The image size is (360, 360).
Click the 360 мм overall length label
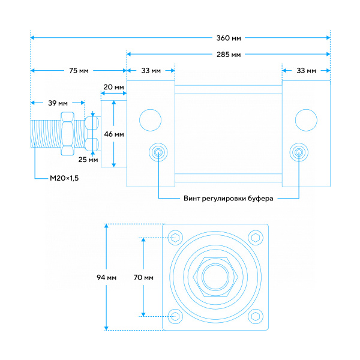pos(229,38)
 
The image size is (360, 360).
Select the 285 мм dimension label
pos(229,55)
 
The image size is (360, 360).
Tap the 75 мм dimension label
pos(79,70)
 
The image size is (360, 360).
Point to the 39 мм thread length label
pos(58,103)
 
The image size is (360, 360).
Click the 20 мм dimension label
pos(113,87)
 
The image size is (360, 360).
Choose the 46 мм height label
pos(114,134)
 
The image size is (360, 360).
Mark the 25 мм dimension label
pos(88,160)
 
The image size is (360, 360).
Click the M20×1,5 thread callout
pos(64,178)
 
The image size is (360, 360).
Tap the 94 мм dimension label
pos(107,278)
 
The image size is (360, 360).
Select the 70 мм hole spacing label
pos(143,278)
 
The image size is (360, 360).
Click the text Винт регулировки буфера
pos(229,199)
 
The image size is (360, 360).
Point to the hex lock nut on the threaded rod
pos(67,134)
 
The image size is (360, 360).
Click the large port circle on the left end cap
pos(151,121)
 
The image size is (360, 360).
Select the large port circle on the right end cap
pos(306,121)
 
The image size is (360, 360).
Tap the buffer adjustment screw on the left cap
pos(158,152)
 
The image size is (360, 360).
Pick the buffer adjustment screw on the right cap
pos(299,152)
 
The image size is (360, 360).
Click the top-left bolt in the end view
pos(175,238)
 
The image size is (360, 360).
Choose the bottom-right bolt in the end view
pos(256,317)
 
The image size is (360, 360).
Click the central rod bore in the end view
pos(215,277)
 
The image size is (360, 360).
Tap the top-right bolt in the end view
pos(256,238)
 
